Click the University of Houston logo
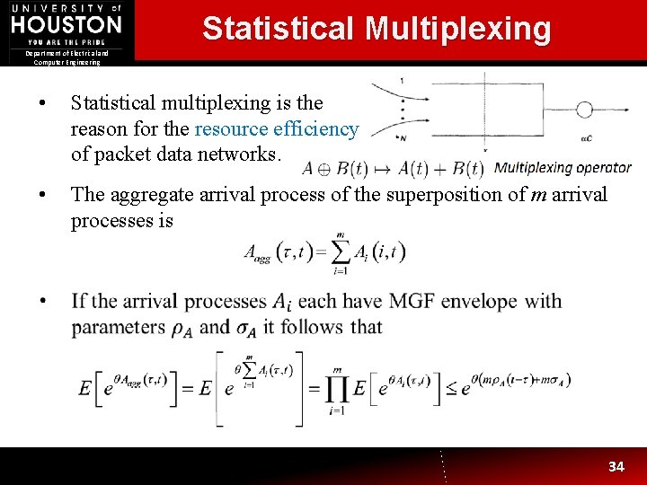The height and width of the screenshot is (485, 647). click(66, 23)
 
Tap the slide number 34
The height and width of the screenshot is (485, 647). click(616, 466)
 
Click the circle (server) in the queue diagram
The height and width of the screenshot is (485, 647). click(584, 110)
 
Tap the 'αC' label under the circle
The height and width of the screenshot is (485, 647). click(586, 138)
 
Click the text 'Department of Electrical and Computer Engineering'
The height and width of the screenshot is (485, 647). click(67, 57)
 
